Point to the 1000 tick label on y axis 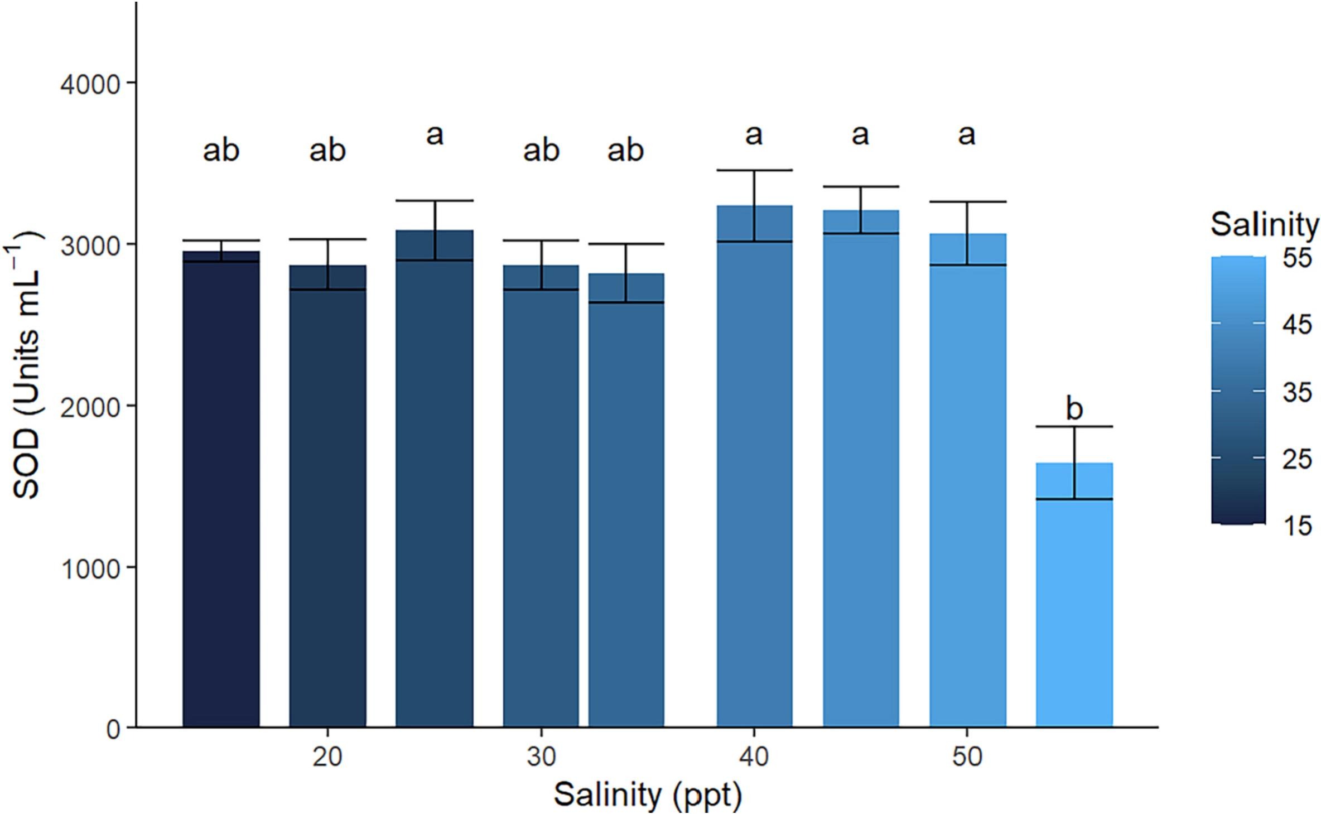(90, 569)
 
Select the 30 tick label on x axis (541, 758)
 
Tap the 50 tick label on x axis (967, 758)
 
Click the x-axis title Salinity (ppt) (647, 794)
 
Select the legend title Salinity (1264, 225)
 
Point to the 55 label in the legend (1296, 259)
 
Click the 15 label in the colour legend (1296, 526)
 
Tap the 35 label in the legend (1296, 393)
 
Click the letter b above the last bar (1074, 409)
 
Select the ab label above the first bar (221, 151)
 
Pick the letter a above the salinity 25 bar (435, 135)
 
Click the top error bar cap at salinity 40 (754, 170)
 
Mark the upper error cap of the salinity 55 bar (1074, 427)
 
